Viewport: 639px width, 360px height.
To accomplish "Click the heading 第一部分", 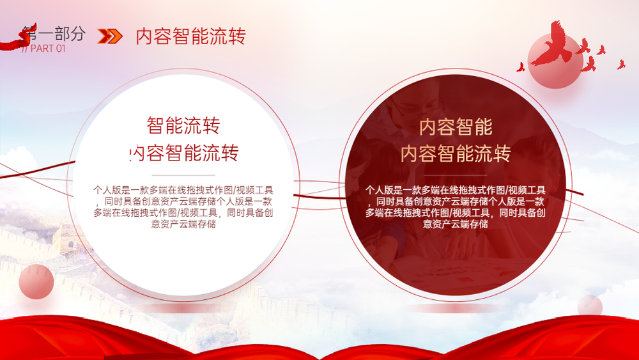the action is coord(54,33).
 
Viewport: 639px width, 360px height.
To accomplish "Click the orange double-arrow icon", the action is coord(110,36).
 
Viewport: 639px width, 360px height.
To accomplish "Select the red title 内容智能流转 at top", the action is coord(190,36).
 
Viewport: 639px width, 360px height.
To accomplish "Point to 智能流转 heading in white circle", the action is coord(183,125).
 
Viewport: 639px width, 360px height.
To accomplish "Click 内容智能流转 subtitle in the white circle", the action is coord(183,153).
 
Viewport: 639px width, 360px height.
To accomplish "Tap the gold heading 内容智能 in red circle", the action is coord(456,127).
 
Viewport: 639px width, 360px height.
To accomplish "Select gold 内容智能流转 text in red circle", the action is coord(456,153).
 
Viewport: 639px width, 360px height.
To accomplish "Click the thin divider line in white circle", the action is coord(183,175).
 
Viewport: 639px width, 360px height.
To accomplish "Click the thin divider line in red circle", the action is coord(456,175).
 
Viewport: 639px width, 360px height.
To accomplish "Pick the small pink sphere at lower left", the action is coord(36,282).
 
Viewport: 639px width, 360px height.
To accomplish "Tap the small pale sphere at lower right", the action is coord(590,306).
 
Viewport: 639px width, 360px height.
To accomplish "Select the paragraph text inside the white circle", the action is coord(183,207).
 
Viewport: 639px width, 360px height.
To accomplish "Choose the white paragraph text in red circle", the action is coord(455,207).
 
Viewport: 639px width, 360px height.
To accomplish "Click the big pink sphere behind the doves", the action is coord(555,61).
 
